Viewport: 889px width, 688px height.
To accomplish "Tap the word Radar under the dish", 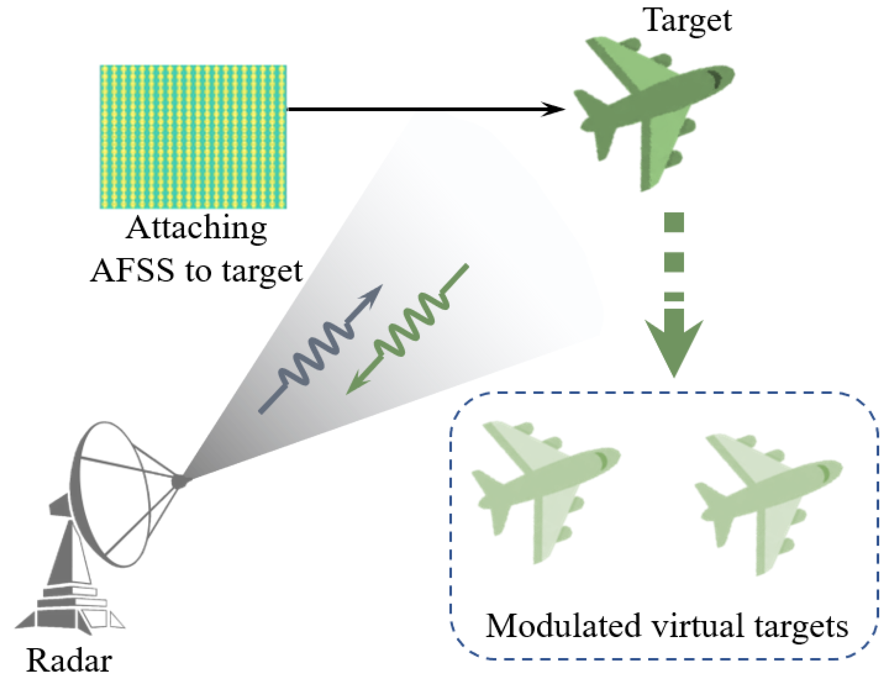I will (69, 661).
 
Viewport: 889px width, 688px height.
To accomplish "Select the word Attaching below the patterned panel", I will (196, 229).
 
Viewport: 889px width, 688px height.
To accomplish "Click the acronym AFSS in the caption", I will (133, 271).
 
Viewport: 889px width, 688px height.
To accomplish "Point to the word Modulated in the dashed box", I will (563, 627).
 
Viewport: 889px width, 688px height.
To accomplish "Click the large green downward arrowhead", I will (674, 346).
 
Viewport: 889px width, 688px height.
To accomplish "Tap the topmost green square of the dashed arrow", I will (674, 222).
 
